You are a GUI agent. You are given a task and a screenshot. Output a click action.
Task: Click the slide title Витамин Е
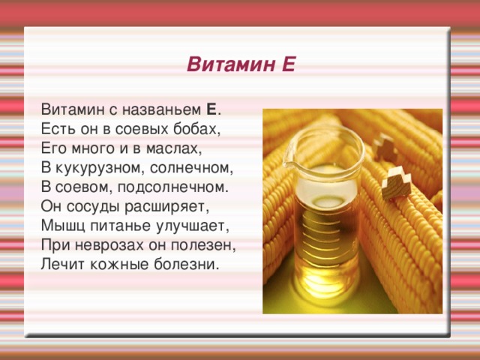pyautogui.click(x=240, y=66)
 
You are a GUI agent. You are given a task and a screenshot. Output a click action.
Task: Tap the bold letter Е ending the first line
pyautogui.click(x=211, y=110)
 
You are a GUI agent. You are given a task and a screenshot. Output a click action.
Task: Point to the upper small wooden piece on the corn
pyautogui.click(x=388, y=148)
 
